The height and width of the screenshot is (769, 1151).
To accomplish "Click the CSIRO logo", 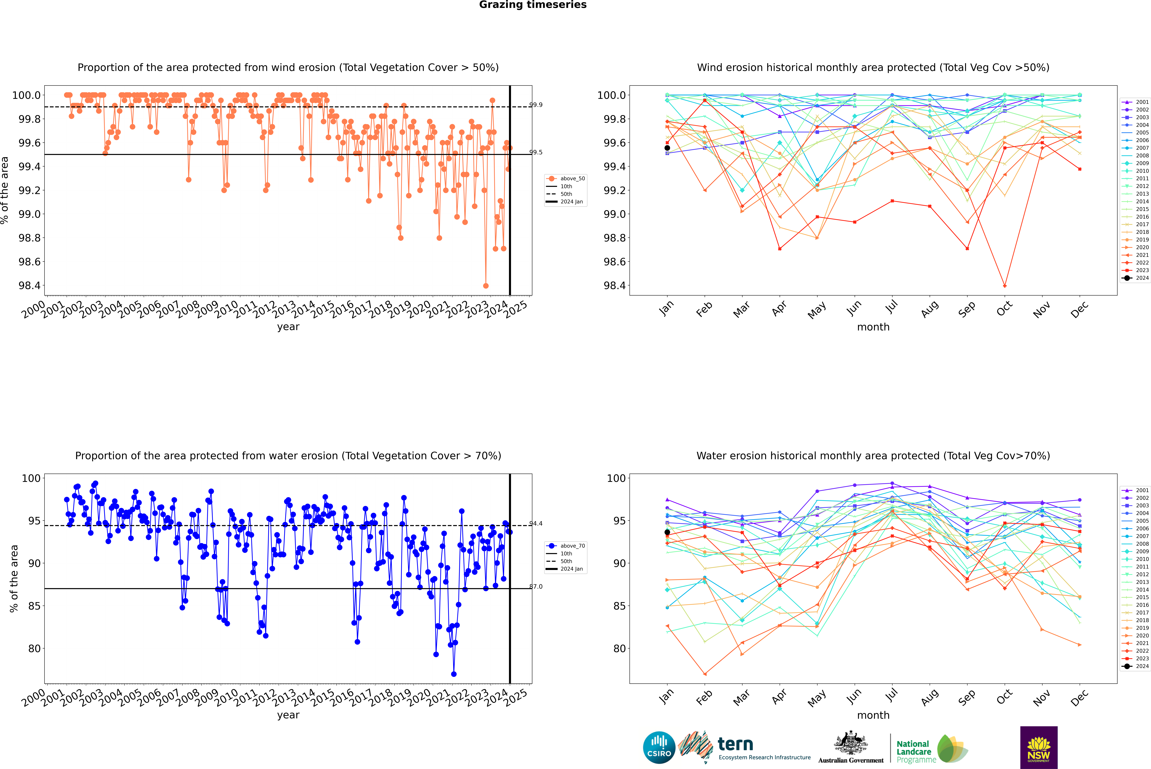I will [x=659, y=747].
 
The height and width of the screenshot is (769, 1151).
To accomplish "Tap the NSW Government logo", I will [x=1039, y=747].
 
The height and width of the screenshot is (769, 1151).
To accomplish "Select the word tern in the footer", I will [x=735, y=744].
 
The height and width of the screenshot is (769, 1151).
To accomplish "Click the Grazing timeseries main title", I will [x=533, y=5].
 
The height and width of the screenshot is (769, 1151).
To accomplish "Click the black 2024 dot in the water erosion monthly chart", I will [x=667, y=532].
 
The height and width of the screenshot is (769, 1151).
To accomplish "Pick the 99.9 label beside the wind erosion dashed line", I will [x=536, y=105].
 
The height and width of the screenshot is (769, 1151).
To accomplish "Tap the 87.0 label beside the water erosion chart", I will [x=536, y=587].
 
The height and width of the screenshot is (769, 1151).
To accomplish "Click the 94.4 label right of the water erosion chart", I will [x=536, y=524].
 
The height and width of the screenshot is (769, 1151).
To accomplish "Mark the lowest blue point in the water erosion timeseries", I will [x=454, y=674].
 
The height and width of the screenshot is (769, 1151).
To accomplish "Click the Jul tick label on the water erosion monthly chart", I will [x=891, y=696].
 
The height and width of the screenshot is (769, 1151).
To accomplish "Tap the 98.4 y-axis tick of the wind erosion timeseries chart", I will [x=29, y=285].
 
